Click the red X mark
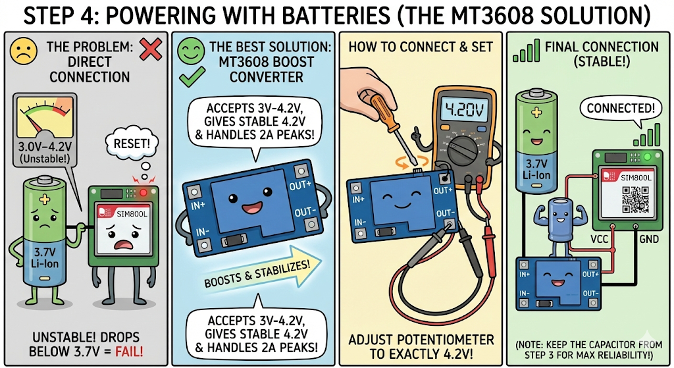[x=151, y=49]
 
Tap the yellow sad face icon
[x=24, y=51]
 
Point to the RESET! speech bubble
[x=132, y=143]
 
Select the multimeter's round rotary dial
[x=463, y=151]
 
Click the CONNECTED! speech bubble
[x=620, y=109]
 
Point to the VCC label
[x=599, y=238]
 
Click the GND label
[x=649, y=238]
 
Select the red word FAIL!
[x=130, y=352]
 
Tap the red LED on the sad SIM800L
[x=143, y=192]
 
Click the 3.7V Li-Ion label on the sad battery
[x=44, y=257]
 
